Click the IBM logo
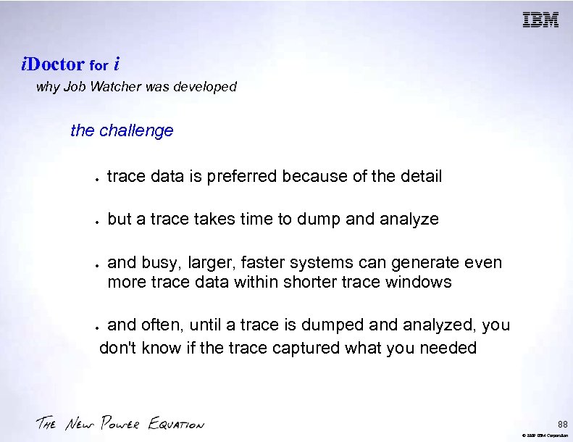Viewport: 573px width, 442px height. point(541,20)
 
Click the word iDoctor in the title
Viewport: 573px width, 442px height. point(53,64)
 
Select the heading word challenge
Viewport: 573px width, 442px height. point(136,130)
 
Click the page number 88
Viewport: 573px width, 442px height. point(562,424)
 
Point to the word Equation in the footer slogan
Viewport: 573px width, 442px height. point(177,424)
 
